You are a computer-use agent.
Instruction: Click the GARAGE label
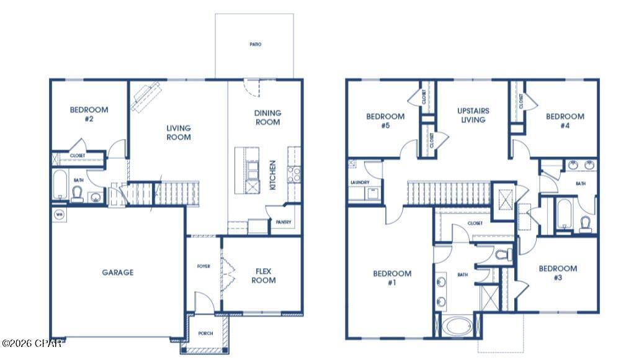[117, 272]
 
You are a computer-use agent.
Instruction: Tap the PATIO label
[256, 45]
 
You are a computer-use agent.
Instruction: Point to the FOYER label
[203, 266]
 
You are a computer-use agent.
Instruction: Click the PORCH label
[205, 333]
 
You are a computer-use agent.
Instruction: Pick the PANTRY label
[284, 222]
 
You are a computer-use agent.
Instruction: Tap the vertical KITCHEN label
[272, 175]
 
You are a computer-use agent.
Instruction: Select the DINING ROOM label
[267, 117]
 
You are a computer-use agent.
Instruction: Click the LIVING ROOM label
[179, 132]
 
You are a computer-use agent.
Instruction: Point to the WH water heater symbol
[60, 215]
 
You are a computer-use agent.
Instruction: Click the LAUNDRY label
[360, 182]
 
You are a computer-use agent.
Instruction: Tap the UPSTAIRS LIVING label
[473, 115]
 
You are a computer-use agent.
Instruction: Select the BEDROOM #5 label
[385, 120]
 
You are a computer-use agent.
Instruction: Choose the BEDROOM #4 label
[565, 120]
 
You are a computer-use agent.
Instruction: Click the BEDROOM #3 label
[558, 273]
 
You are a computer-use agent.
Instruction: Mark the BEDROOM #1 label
[392, 277]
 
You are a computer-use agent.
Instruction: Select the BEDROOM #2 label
[89, 114]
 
